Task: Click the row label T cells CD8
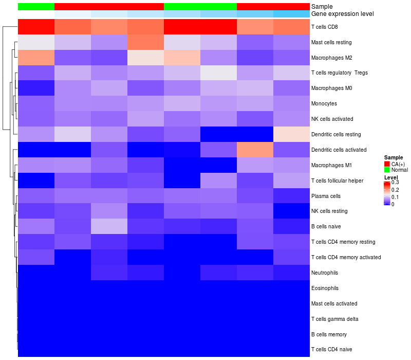324,27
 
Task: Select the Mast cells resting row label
332,42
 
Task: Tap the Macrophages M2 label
331,58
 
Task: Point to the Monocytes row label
324,103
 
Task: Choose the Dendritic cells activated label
339,150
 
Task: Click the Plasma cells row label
326,196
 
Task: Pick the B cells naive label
326,226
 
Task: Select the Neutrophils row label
325,273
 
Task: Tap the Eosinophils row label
325,288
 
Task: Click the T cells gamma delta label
334,319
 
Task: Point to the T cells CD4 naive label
332,350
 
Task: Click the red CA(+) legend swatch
387,164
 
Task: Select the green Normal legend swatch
387,170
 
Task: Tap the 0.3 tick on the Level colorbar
396,182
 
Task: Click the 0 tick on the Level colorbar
393,204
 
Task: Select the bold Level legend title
391,177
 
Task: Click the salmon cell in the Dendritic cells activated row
255,150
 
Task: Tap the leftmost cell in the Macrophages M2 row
36,58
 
